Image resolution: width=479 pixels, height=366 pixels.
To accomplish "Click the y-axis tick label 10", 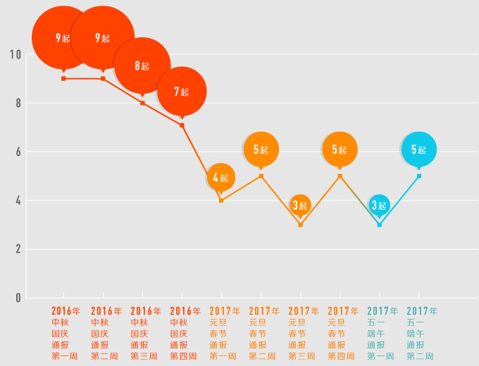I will (15, 54).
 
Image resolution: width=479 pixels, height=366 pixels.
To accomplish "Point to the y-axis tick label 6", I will (18, 152).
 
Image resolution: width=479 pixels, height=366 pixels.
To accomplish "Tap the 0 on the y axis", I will (18, 298).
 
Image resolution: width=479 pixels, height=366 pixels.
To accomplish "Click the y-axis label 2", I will (18, 249).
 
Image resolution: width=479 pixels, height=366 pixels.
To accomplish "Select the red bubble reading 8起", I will (142, 66).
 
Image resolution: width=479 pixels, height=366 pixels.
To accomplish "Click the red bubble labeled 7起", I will (182, 91).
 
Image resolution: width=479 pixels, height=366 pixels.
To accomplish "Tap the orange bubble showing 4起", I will (221, 177).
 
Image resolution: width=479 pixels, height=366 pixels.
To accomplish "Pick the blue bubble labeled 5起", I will (419, 149).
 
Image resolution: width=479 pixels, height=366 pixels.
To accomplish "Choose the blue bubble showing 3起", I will (380, 206).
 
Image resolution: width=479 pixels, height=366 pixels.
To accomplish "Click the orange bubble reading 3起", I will (301, 206).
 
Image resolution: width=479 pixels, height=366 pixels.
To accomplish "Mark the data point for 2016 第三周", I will (142, 103).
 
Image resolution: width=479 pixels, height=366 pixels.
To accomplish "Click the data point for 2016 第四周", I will (182, 125).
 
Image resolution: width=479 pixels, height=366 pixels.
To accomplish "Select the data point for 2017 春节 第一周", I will (221, 201).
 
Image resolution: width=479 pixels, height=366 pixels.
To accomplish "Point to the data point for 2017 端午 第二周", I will (419, 176).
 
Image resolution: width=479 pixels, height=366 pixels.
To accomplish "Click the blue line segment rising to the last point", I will (399, 201).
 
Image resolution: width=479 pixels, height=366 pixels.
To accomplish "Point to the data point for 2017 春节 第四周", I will (340, 176).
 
